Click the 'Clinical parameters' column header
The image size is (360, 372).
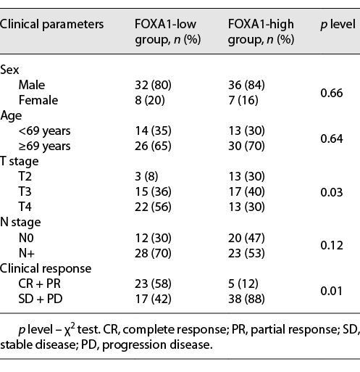(x=51, y=24)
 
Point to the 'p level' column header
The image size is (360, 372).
(x=338, y=24)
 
